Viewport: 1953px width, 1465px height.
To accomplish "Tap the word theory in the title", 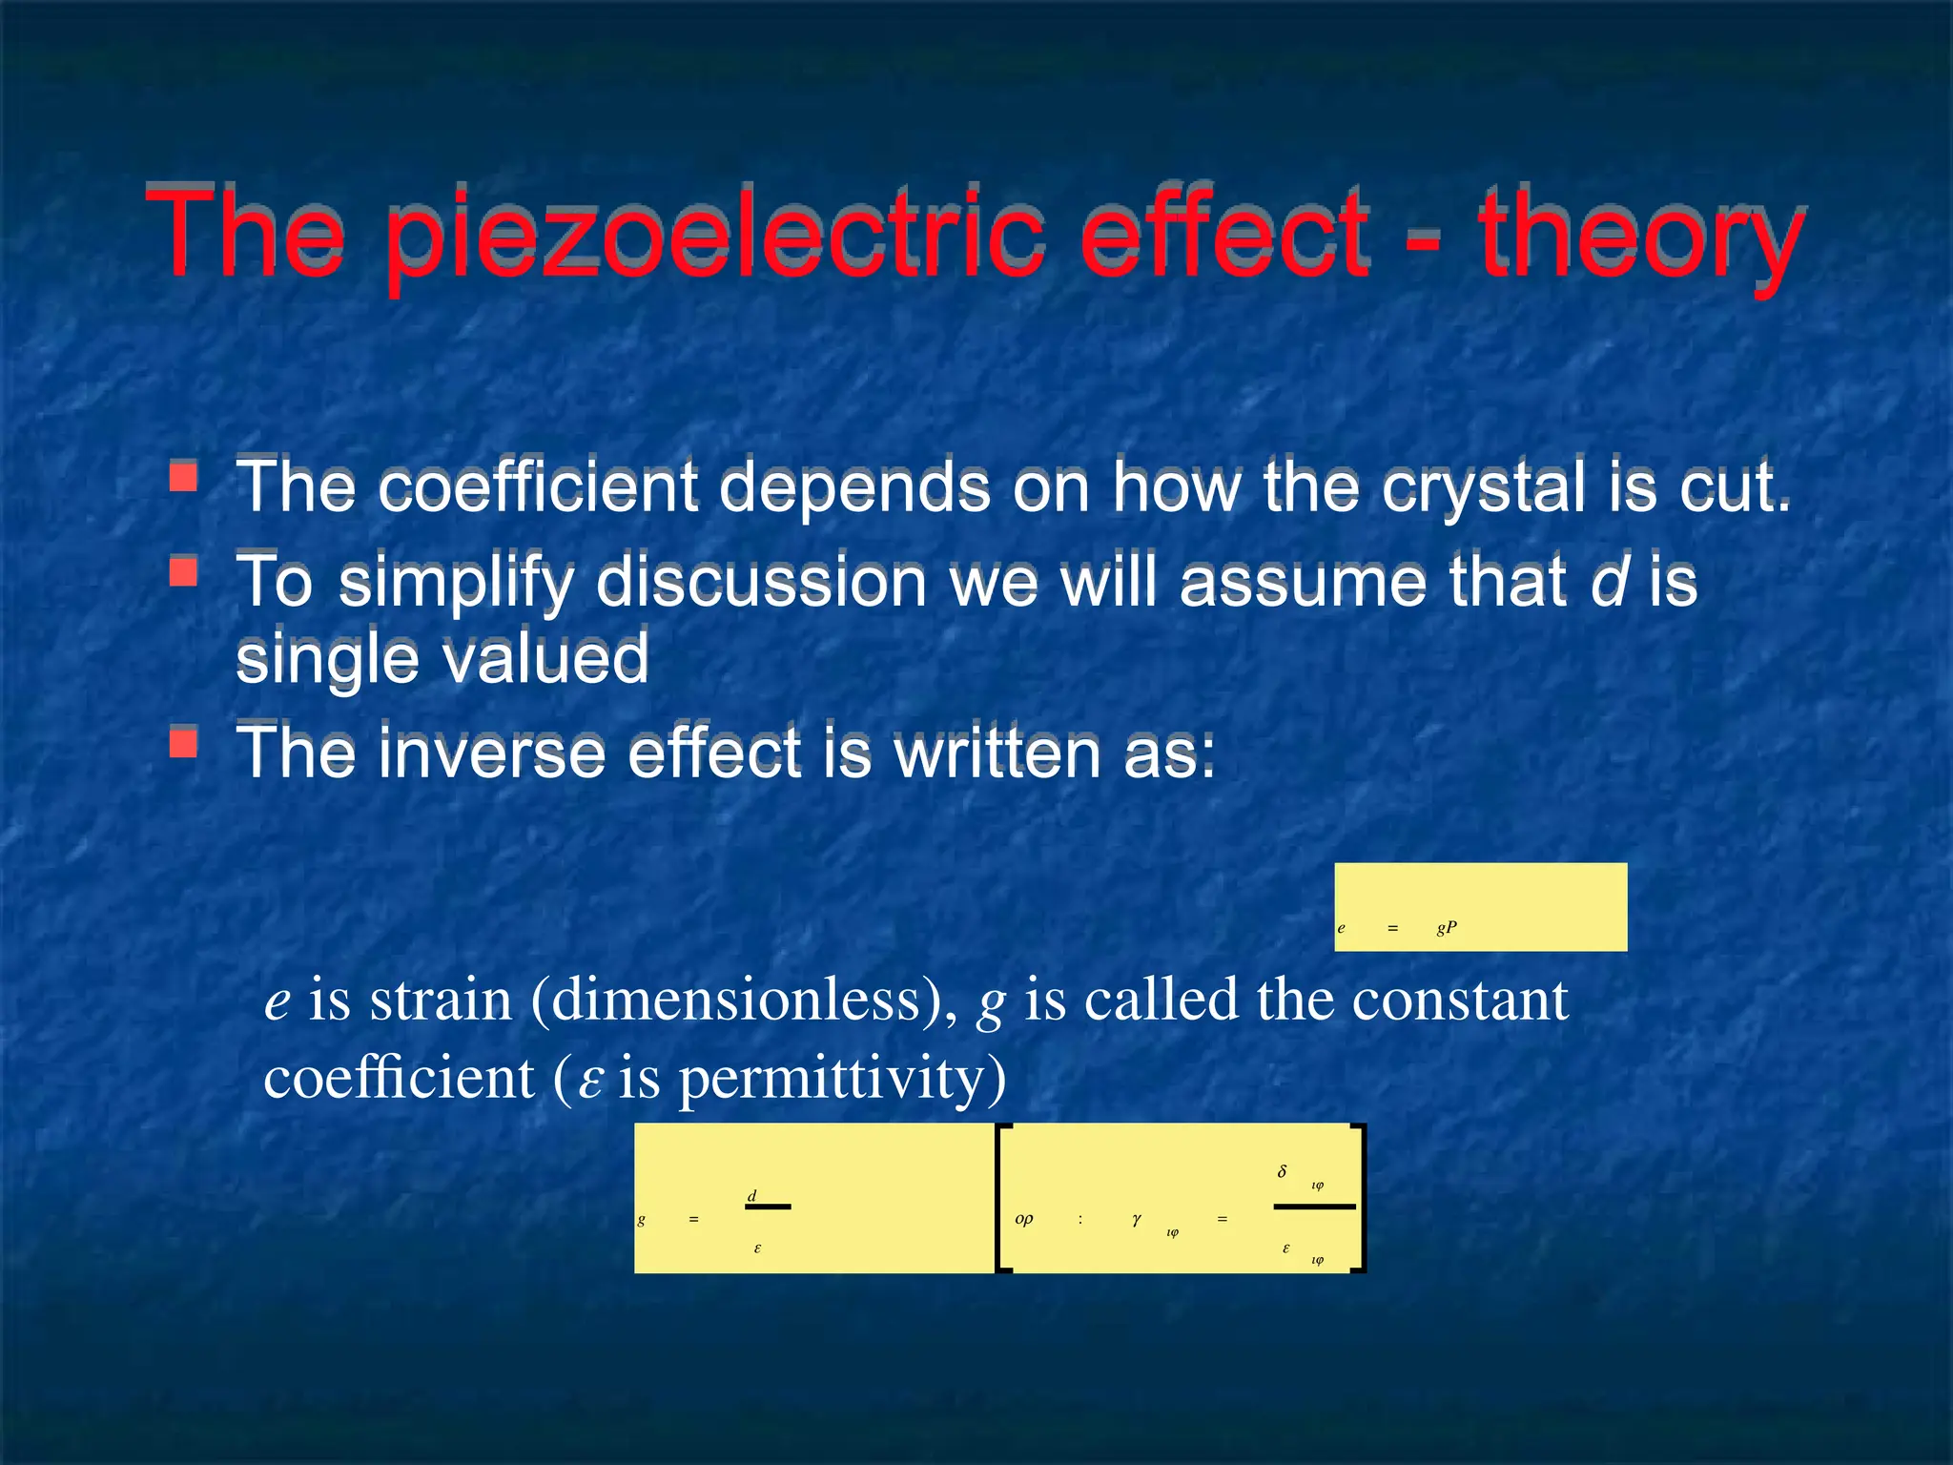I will click(1640, 234).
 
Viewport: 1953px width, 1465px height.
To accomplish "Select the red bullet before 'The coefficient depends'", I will click(183, 476).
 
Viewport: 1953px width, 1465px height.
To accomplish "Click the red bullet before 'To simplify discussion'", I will click(183, 571).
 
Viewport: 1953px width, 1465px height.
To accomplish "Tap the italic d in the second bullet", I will click(1609, 581).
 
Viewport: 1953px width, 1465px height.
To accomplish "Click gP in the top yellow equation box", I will click(1447, 927).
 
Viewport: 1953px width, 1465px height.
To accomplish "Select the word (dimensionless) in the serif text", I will click(744, 1001).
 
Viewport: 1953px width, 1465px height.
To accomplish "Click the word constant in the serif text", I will click(1460, 1001).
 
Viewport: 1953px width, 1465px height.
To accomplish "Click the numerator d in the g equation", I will click(751, 1195).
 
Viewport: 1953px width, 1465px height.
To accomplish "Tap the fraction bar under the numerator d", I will click(768, 1207).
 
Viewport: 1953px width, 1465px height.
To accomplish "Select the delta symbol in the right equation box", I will click(1283, 1171).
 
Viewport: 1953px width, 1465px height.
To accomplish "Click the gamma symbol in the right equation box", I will click(1136, 1219).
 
